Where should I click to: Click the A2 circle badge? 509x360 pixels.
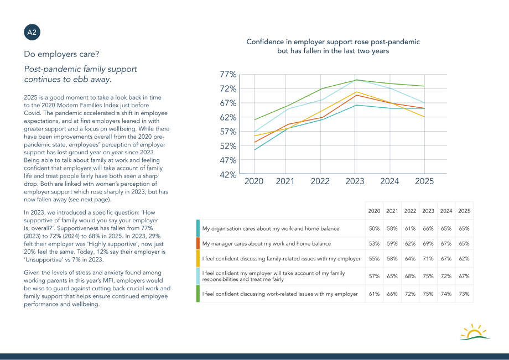click(32, 33)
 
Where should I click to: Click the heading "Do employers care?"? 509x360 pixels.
click(61, 54)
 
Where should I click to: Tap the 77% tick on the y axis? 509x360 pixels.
click(228, 74)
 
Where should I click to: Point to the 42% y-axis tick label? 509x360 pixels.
click(228, 175)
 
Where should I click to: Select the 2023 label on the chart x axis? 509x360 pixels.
click(355, 181)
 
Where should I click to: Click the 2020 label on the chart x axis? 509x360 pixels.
click(254, 181)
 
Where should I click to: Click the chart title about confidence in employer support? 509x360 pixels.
click(333, 46)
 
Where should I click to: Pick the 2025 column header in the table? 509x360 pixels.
click(464, 211)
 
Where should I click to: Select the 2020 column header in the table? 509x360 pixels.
click(375, 211)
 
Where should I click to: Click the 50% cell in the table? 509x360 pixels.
click(375, 228)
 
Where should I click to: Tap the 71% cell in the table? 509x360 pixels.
click(428, 258)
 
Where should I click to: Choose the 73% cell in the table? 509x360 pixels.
click(464, 294)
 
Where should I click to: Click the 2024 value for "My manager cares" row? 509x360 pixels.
click(446, 243)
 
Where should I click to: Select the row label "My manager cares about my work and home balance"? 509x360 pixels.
click(267, 243)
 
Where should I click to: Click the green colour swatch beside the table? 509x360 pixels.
click(198, 294)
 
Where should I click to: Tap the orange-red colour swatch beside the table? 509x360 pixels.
click(198, 243)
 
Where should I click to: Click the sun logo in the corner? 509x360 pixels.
click(475, 332)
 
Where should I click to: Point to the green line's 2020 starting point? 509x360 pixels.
click(254, 120)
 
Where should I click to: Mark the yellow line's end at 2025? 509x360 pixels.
click(424, 117)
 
